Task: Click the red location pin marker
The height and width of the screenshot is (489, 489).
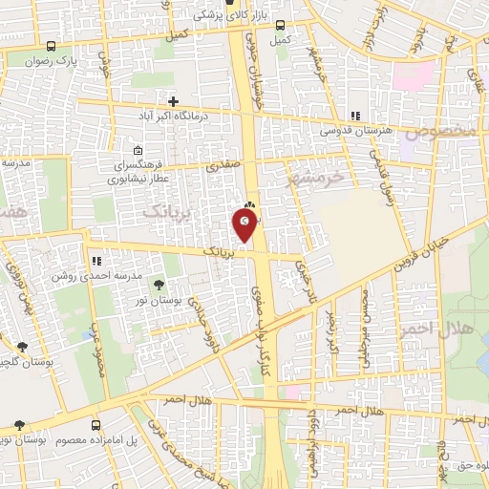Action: [245, 225]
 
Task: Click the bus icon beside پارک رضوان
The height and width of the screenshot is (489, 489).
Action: [52, 45]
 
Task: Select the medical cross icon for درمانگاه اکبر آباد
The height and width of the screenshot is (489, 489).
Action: [173, 100]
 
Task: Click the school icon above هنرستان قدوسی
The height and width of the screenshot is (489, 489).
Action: [355, 112]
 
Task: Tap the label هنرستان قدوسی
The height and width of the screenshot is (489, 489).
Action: [355, 127]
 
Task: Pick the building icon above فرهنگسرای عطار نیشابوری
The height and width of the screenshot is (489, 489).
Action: [139, 149]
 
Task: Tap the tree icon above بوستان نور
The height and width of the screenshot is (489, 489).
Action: [159, 284]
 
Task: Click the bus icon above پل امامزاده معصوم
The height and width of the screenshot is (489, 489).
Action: [95, 424]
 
